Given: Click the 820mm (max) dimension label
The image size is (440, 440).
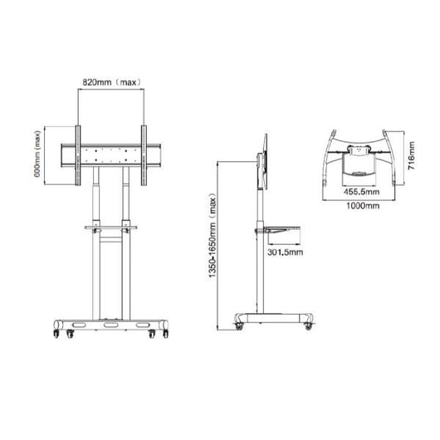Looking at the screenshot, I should click(x=111, y=83).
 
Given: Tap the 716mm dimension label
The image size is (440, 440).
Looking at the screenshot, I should click(x=412, y=153).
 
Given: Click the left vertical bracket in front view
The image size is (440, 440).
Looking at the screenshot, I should click(x=79, y=155).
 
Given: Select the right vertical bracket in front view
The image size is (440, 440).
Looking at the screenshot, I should click(x=144, y=155).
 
